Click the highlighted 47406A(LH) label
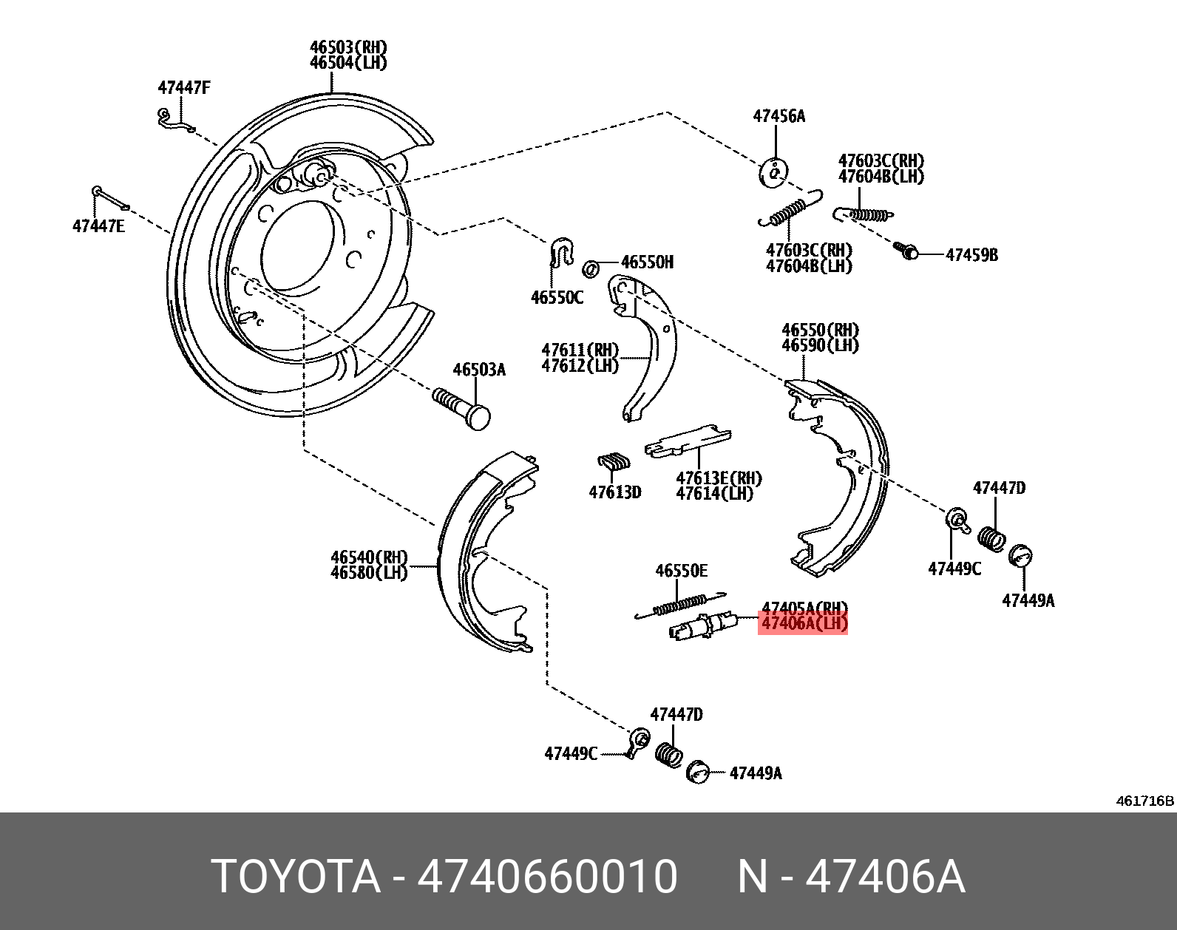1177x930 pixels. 804,624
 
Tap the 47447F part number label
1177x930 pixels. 183,88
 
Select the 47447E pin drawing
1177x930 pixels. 111,199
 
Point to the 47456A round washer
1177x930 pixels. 773,173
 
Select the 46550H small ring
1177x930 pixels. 590,268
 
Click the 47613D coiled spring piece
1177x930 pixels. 614,463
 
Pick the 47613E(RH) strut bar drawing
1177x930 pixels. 688,441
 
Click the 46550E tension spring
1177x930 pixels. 680,605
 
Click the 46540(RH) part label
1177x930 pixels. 369,557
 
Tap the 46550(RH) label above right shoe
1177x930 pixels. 820,330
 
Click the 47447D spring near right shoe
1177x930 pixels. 991,538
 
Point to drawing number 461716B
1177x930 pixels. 1144,801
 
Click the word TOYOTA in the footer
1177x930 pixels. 295,877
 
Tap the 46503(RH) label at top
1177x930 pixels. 347,47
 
